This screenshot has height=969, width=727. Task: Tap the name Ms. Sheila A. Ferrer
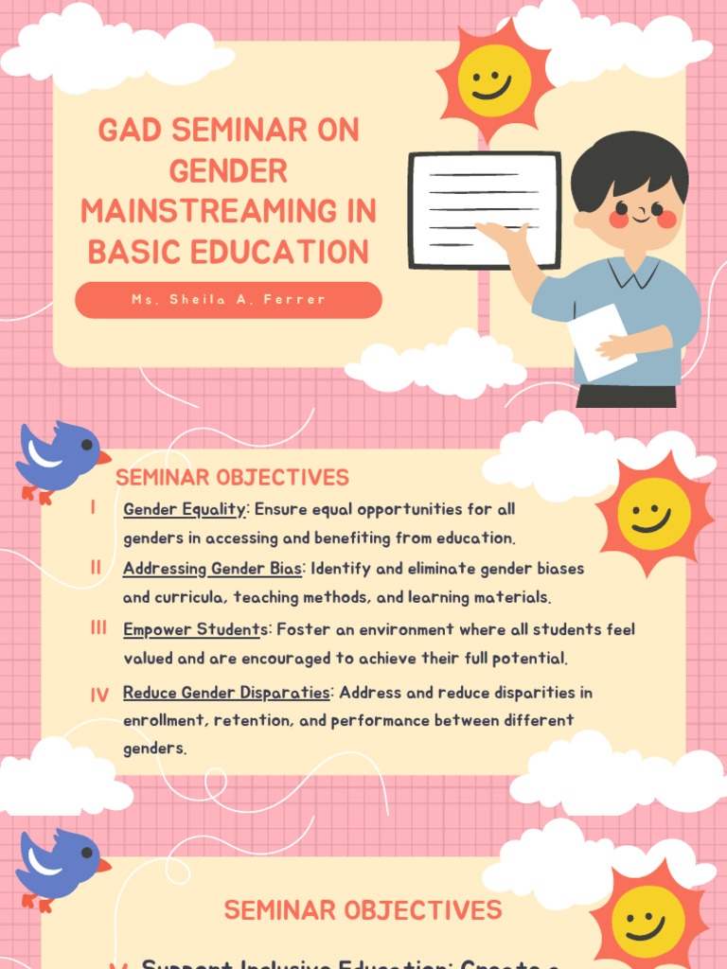[x=228, y=300]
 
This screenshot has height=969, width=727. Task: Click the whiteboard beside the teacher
[x=484, y=209]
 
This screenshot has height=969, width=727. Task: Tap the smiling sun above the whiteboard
[x=494, y=79]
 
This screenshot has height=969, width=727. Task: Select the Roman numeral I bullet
[x=94, y=509]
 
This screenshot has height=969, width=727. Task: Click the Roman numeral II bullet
[x=96, y=568]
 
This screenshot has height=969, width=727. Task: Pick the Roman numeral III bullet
[x=98, y=628]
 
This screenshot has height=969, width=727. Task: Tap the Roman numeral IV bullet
[x=99, y=696]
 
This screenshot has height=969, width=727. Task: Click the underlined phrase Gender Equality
[x=185, y=510]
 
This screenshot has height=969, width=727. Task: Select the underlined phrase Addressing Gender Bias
[x=212, y=570]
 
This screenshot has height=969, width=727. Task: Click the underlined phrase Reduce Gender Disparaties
[x=226, y=693]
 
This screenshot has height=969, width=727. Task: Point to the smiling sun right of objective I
[x=653, y=514]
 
